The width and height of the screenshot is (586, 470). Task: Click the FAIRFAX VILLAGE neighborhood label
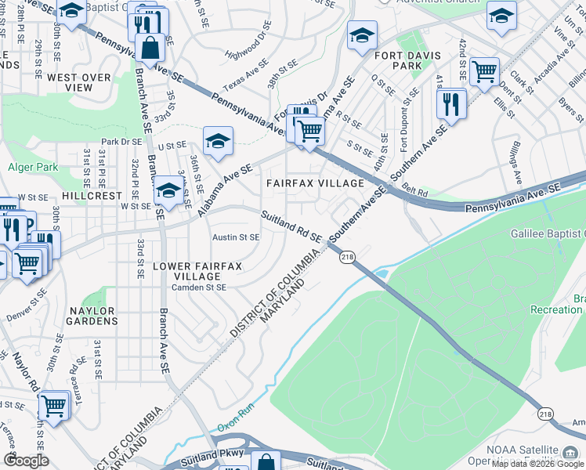click(x=315, y=183)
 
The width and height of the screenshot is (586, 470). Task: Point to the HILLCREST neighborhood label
click(x=92, y=196)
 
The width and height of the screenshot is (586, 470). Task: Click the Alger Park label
click(x=33, y=167)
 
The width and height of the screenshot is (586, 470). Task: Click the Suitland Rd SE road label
click(x=291, y=226)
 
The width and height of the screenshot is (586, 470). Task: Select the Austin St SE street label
click(x=236, y=237)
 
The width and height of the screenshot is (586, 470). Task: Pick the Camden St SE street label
click(x=199, y=287)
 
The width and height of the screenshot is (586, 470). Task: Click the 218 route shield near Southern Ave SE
click(x=345, y=256)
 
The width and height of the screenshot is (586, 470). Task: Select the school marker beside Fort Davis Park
click(x=362, y=35)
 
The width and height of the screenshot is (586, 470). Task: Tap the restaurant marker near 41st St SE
click(x=451, y=102)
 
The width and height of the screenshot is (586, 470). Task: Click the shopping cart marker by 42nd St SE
click(x=484, y=72)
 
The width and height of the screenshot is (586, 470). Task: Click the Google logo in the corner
click(x=26, y=460)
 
